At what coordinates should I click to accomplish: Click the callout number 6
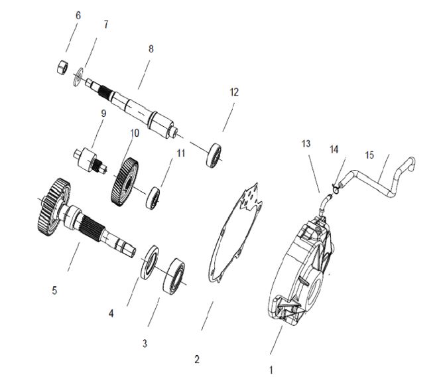[78, 15]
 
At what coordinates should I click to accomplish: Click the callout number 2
[196, 359]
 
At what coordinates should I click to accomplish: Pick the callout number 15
[369, 156]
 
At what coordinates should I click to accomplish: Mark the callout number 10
[134, 133]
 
